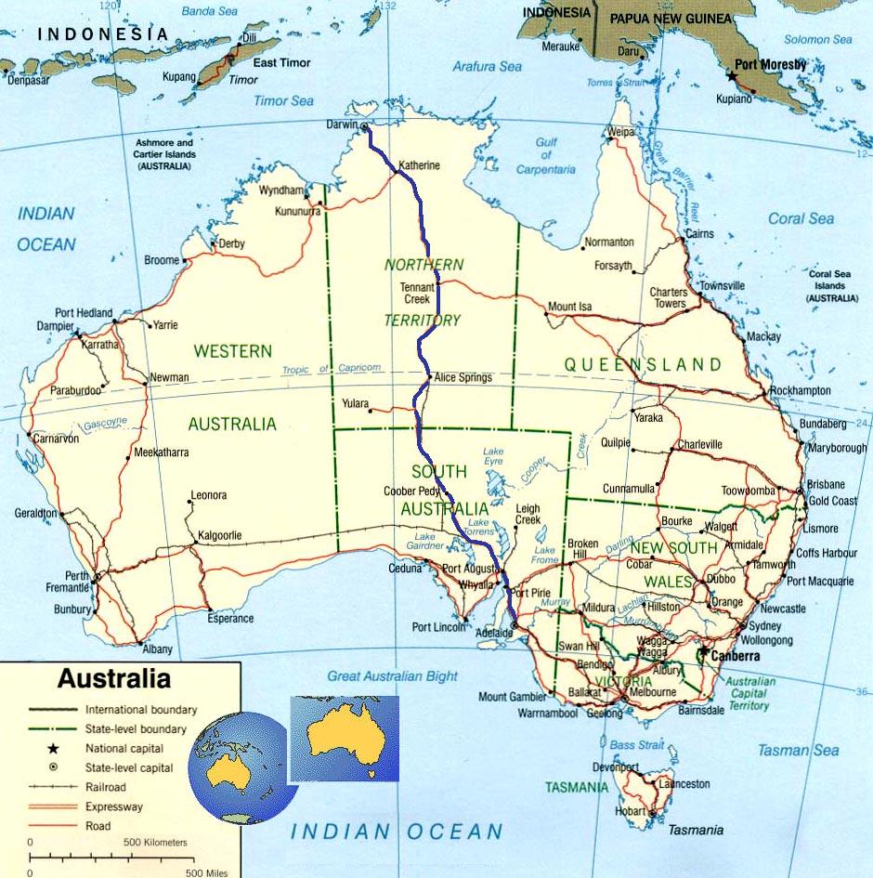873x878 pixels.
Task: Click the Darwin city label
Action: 342,124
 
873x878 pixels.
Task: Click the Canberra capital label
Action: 734,656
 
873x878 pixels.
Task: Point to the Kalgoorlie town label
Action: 218,536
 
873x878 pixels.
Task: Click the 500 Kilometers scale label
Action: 155,843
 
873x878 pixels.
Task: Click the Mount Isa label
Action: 569,307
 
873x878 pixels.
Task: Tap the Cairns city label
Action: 700,234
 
